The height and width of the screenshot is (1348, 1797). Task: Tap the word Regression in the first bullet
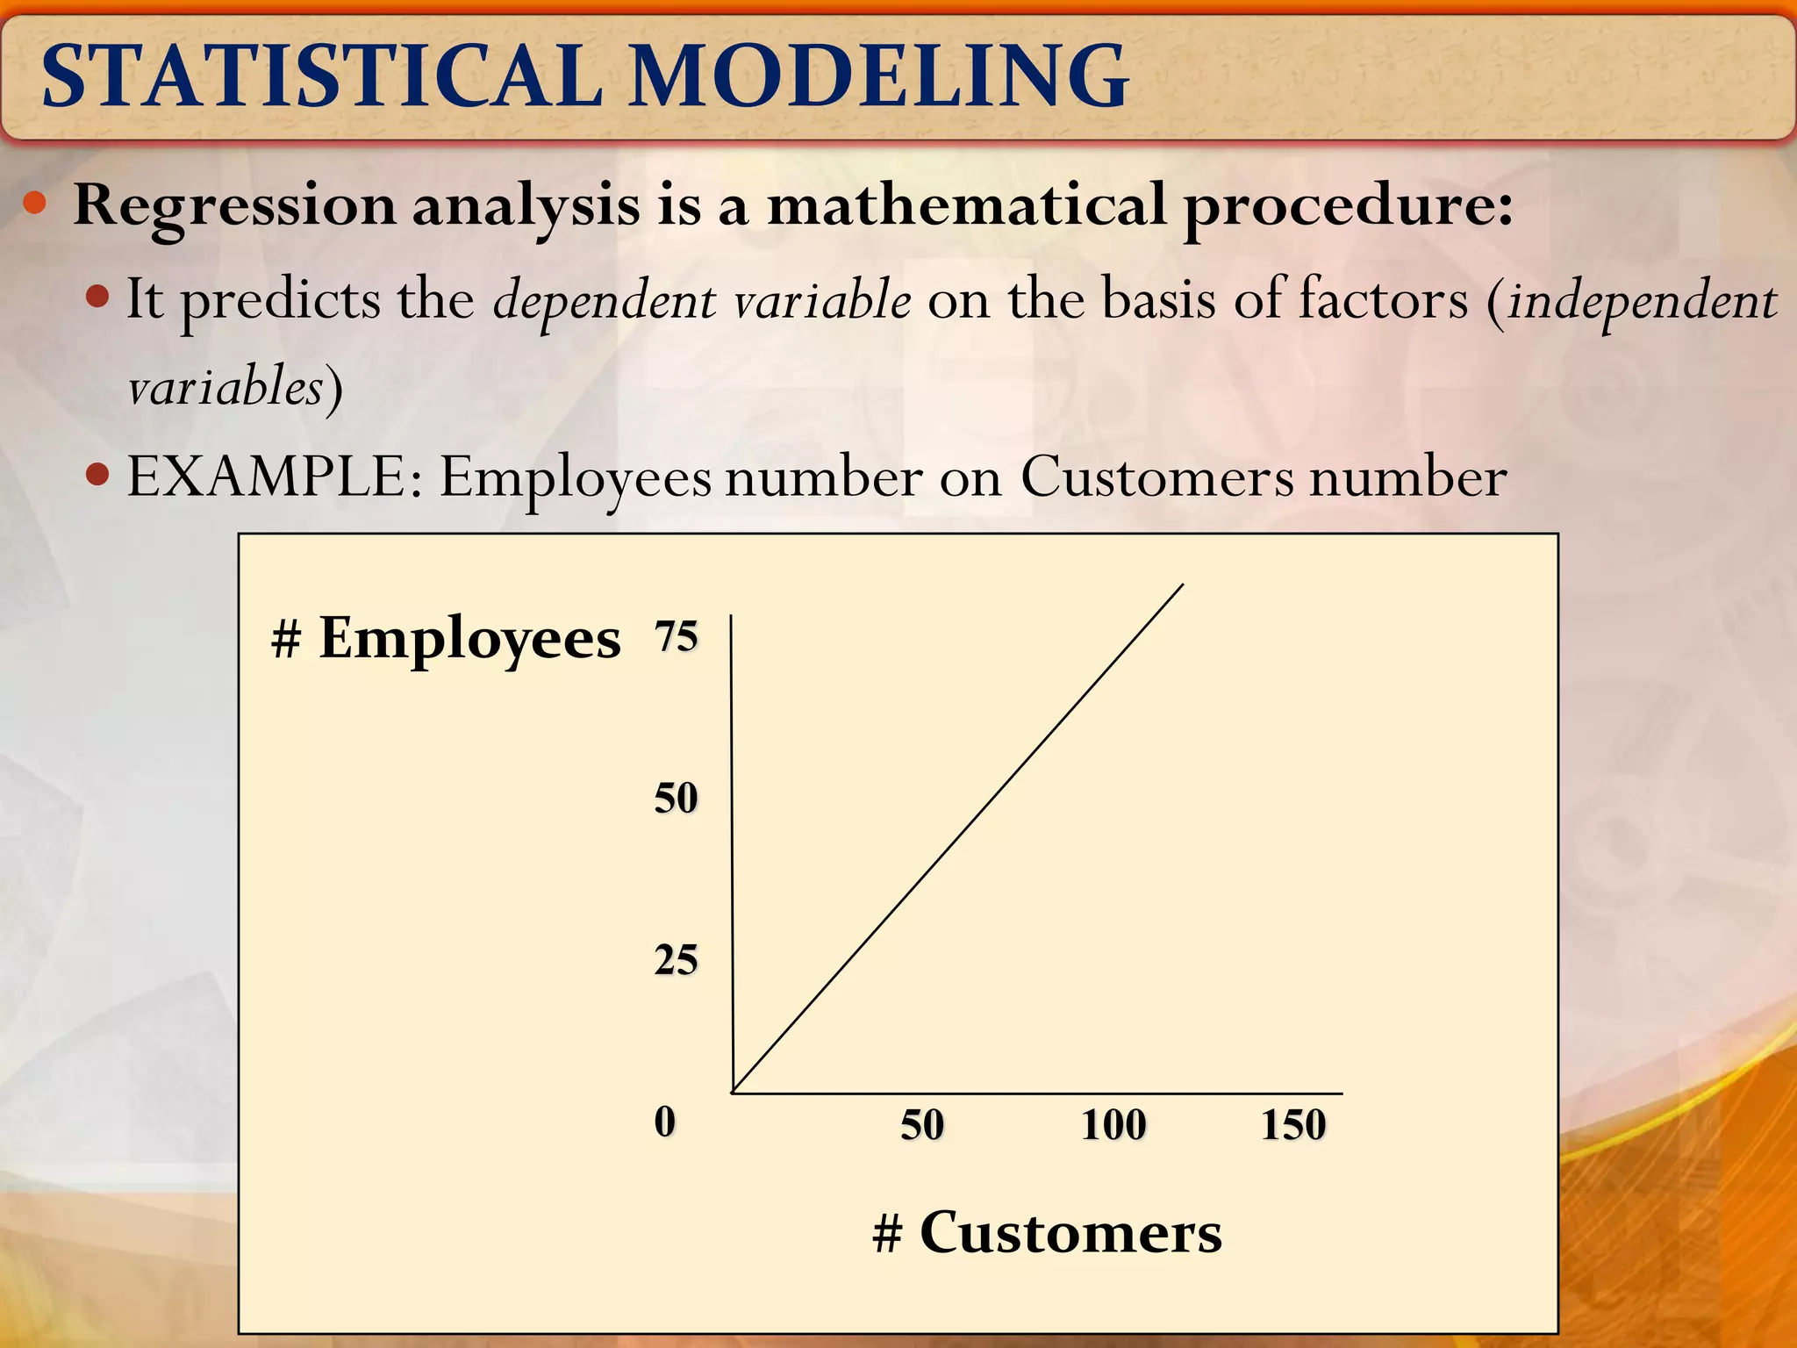pos(235,207)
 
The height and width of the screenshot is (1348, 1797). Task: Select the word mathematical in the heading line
pos(966,205)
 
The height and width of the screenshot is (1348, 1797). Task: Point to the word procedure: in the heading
pos(1348,207)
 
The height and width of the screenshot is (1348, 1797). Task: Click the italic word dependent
pos(605,300)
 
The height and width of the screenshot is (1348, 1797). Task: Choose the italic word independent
pos(1642,300)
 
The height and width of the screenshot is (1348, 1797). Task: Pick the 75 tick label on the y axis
pos(676,636)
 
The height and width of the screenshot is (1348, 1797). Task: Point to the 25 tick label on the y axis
pos(676,960)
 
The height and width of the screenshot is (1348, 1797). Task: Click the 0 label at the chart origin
pos(665,1122)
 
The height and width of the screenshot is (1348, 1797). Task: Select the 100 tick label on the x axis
pos(1113,1125)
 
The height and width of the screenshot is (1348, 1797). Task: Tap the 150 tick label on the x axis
pos(1293,1125)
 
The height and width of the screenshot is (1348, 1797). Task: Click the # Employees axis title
pos(447,638)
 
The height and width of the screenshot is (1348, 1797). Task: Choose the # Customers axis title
pos(1047,1233)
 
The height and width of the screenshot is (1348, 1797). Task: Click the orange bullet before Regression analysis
pos(35,204)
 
